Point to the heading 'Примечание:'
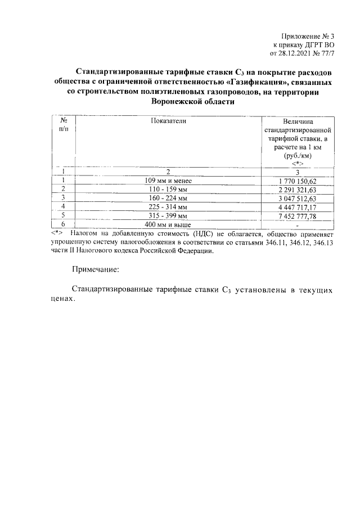96,270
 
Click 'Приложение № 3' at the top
309,36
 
